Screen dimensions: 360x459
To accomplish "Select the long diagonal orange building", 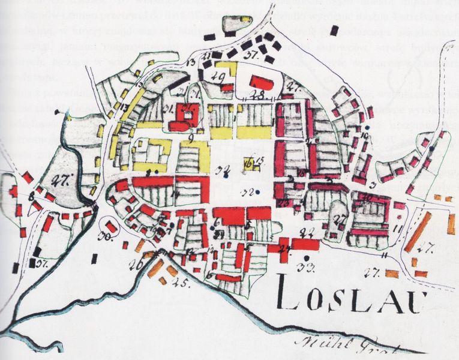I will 418,232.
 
